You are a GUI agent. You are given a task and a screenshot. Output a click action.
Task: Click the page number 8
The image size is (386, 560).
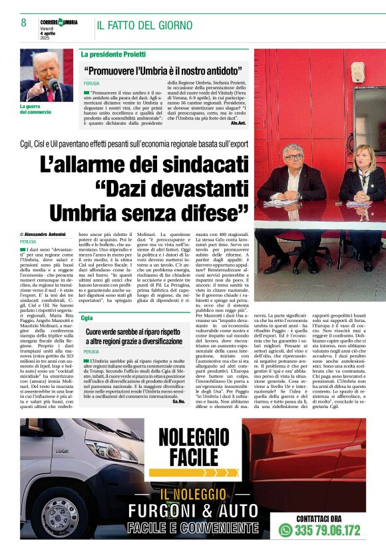click(23, 23)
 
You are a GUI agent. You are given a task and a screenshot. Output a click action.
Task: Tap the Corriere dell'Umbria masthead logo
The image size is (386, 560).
click(59, 22)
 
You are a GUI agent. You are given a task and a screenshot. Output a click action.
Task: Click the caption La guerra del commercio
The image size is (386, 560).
click(35, 109)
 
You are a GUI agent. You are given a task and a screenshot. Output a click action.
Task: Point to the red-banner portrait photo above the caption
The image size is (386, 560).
click(46, 75)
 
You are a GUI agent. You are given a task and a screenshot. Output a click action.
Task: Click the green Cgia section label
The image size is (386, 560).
click(87, 318)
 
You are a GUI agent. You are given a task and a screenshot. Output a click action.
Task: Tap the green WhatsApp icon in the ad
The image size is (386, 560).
click(286, 531)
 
